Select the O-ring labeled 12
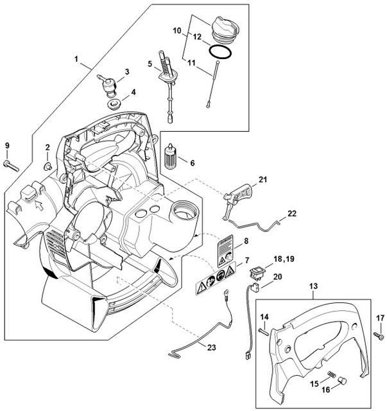click(x=220, y=51)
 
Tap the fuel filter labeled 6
click(x=170, y=157)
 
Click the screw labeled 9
click(x=11, y=166)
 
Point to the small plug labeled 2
click(x=47, y=166)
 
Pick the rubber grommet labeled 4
click(x=114, y=103)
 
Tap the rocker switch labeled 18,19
click(x=256, y=272)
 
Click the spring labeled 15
click(x=331, y=374)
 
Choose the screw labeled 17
click(x=379, y=336)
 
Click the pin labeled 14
click(x=263, y=331)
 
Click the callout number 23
click(x=211, y=347)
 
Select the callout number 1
click(x=76, y=59)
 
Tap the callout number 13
click(x=313, y=286)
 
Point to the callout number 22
click(x=292, y=214)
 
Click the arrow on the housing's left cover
click(x=39, y=205)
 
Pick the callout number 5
click(x=150, y=64)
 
